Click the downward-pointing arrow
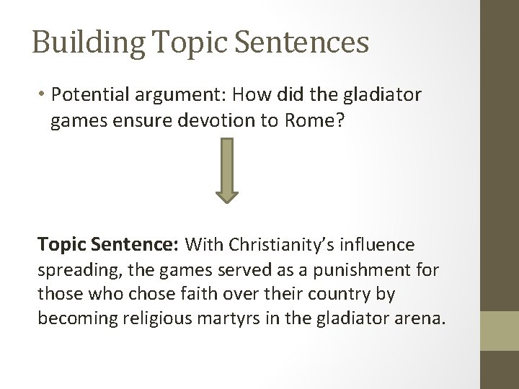pos(227,171)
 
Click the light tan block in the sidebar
pos(499,331)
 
